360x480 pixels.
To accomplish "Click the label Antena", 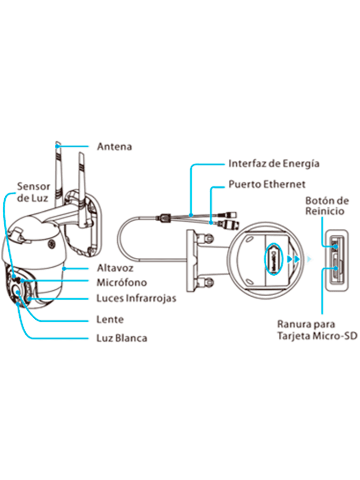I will tap(114, 146).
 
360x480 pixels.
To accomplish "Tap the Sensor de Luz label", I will tap(33, 192).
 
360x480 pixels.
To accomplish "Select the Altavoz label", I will tap(115, 268).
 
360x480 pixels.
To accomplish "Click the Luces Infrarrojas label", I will tap(136, 298).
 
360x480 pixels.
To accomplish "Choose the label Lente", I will tap(110, 320).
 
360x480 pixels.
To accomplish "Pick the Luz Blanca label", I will tap(121, 337).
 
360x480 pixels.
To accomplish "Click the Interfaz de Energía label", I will tap(274, 164).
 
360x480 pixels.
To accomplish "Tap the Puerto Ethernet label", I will tap(267, 184).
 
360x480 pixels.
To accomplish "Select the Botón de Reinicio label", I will tap(327, 206).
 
